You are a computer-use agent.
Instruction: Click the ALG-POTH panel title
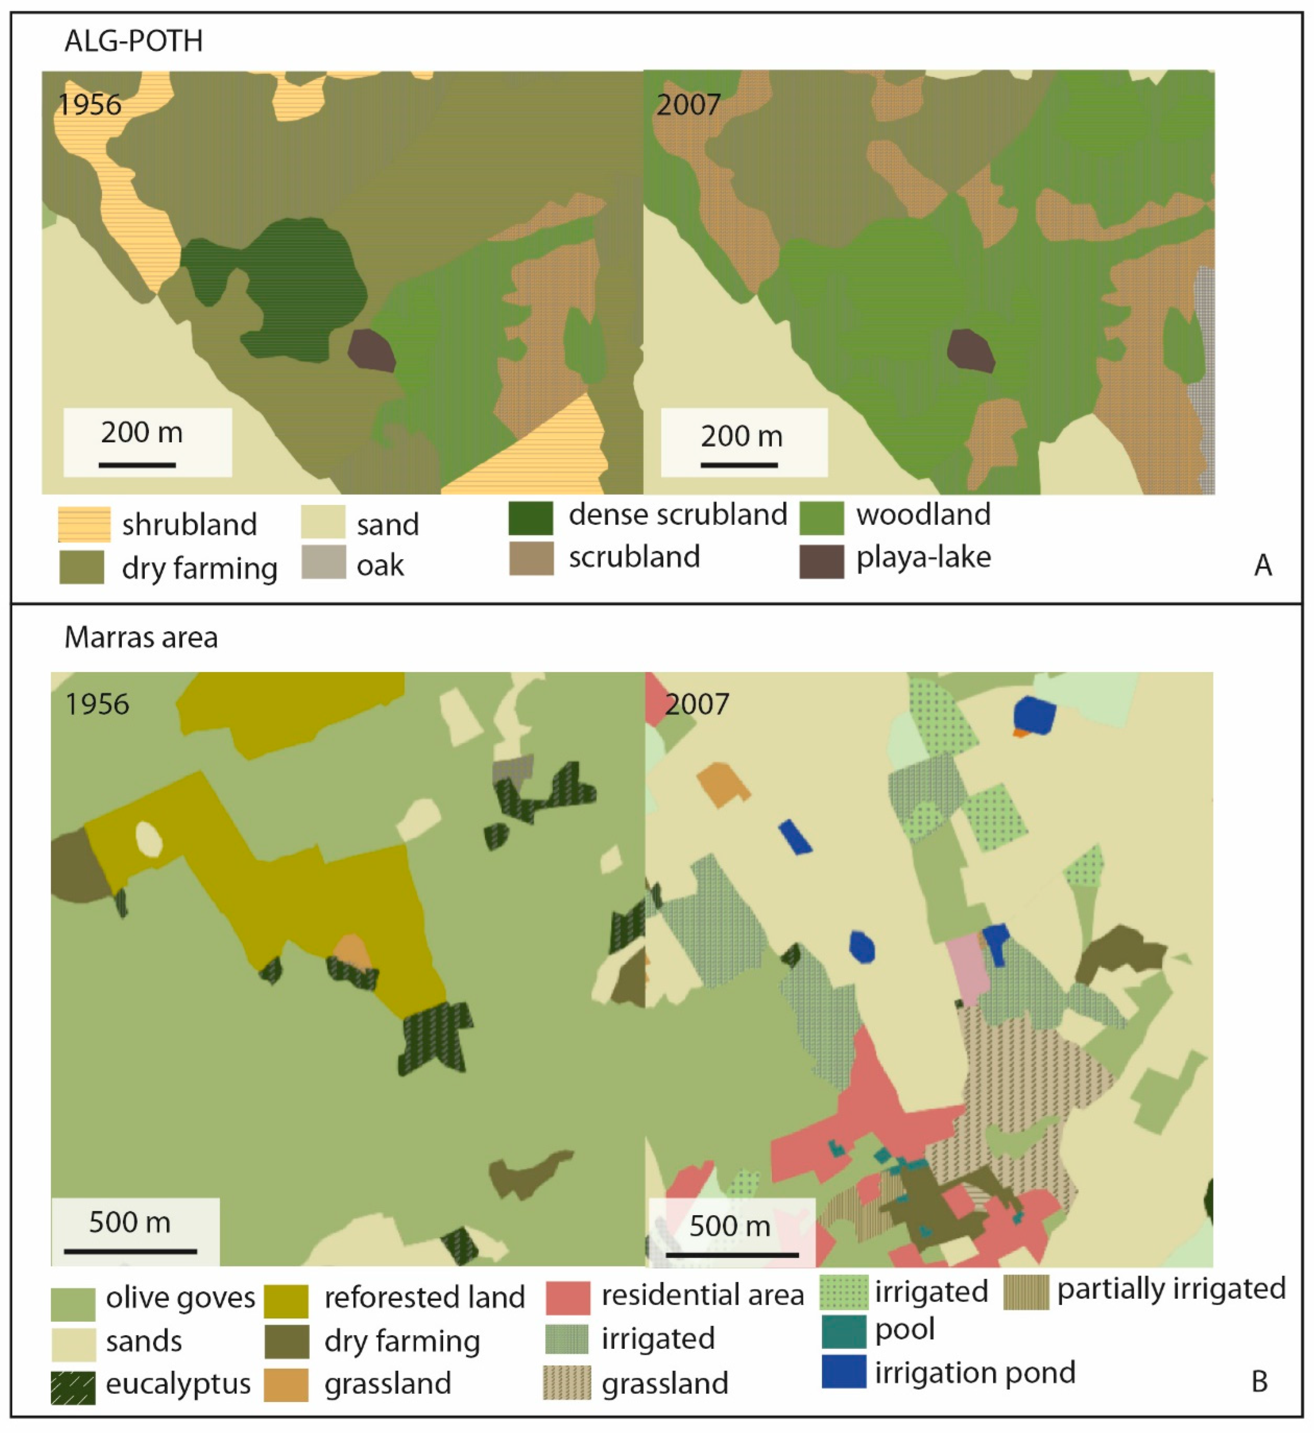pyautogui.click(x=134, y=41)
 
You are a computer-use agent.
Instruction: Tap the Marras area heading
pyautogui.click(x=141, y=638)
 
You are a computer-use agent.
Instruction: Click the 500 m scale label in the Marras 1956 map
pyautogui.click(x=129, y=1222)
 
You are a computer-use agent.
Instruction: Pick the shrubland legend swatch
pyautogui.click(x=84, y=524)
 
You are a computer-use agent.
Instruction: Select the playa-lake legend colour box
pyautogui.click(x=821, y=561)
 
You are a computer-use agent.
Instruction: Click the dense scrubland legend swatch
pyautogui.click(x=530, y=518)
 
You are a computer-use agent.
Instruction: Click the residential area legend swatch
pyautogui.click(x=567, y=1297)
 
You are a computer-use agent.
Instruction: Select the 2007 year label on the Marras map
pyautogui.click(x=697, y=705)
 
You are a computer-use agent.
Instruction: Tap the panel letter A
pyautogui.click(x=1263, y=565)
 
